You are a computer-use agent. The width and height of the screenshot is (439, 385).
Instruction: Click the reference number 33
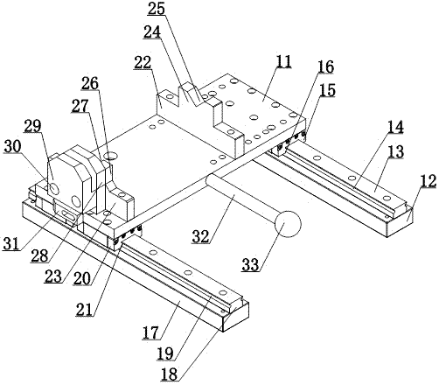pyautogui.click(x=250, y=265)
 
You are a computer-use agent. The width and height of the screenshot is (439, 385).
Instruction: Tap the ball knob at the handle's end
pyautogui.click(x=288, y=224)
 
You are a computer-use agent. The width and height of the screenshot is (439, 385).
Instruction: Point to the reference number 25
pyautogui.click(x=157, y=9)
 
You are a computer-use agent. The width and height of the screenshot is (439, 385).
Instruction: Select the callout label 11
pyautogui.click(x=282, y=62)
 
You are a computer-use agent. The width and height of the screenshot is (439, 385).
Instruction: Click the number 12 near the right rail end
pyautogui.click(x=428, y=181)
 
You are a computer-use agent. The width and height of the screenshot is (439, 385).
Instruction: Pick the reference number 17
pyautogui.click(x=151, y=332)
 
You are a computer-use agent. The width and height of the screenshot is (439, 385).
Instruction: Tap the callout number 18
pyautogui.click(x=169, y=374)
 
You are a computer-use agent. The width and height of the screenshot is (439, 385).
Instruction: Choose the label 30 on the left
pyautogui.click(x=12, y=146)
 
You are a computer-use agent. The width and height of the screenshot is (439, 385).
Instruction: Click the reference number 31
pyautogui.click(x=11, y=244)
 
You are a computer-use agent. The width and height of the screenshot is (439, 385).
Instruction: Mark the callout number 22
pyautogui.click(x=143, y=62)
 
